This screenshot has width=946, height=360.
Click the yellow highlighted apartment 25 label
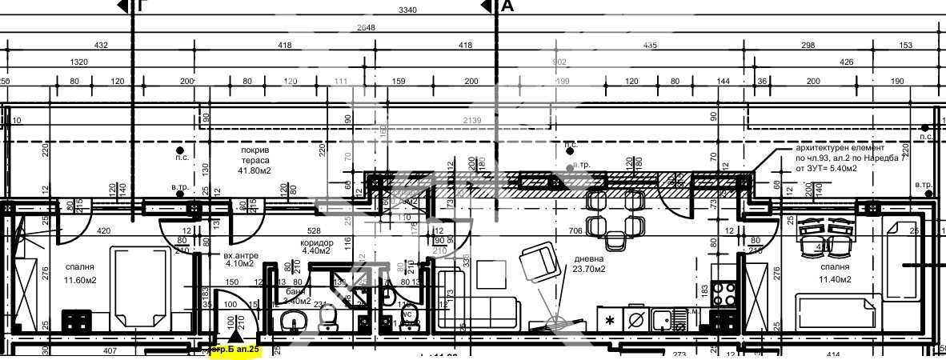tap(234, 350)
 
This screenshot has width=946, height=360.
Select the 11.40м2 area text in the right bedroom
tap(832, 279)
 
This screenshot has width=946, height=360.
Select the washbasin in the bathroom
tap(291, 323)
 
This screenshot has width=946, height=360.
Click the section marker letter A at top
tap(507, 7)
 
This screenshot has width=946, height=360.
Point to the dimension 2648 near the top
tap(366, 27)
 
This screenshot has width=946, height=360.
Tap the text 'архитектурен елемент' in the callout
tap(840, 148)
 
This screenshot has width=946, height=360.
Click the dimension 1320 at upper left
tap(79, 62)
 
